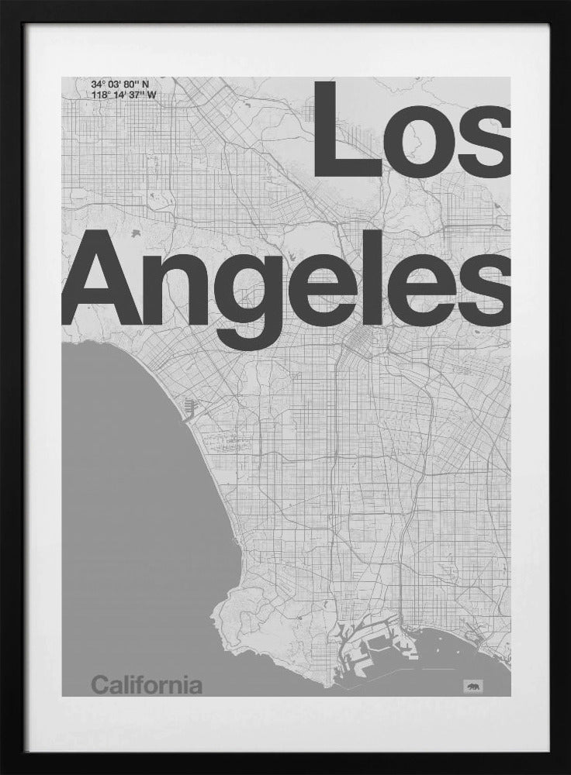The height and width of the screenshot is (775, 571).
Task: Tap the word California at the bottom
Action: point(147,685)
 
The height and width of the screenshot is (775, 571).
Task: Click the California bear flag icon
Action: point(472,685)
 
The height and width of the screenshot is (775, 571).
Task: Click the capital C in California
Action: point(99,685)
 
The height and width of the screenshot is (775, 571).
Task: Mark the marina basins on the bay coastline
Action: point(191,407)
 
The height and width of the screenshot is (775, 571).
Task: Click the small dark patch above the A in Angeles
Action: point(136,232)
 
